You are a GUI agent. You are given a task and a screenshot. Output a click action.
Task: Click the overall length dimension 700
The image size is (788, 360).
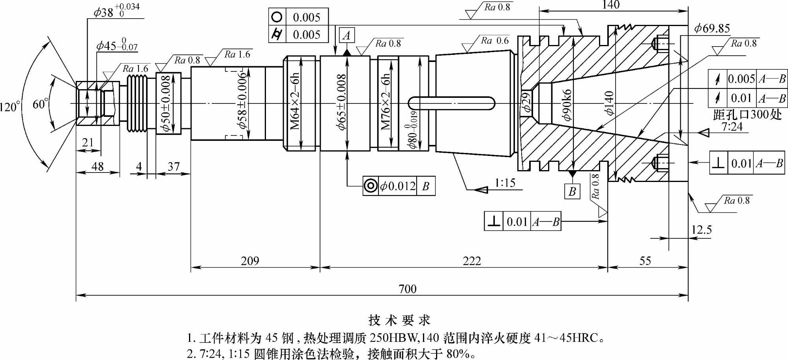(x=407, y=289)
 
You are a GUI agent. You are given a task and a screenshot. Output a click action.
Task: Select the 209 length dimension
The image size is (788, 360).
(x=250, y=261)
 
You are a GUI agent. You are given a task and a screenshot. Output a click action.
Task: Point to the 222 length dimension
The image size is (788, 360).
(x=472, y=261)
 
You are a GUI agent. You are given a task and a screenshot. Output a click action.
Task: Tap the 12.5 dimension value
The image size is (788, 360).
(x=701, y=230)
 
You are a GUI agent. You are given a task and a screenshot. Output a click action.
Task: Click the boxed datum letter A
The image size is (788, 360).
(x=346, y=36)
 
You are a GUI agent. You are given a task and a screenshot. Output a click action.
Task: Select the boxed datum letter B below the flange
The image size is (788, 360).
(x=572, y=192)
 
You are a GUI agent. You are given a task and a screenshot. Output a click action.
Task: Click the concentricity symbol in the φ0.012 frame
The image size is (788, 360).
(x=371, y=186)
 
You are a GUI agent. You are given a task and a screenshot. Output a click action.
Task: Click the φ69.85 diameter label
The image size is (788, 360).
(x=712, y=28)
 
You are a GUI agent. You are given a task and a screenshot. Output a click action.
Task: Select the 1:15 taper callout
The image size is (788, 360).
(x=505, y=183)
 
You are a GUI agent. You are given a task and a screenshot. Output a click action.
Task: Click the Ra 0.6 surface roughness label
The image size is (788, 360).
(x=495, y=41)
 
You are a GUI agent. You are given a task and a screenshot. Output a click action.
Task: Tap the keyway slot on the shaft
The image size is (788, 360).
(x=451, y=103)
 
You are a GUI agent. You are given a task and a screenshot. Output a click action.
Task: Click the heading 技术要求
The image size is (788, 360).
(x=399, y=320)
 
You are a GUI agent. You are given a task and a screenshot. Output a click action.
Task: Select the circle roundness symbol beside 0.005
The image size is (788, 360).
(x=277, y=17)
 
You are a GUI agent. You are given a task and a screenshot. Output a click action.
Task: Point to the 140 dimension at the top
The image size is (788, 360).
(x=611, y=5)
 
